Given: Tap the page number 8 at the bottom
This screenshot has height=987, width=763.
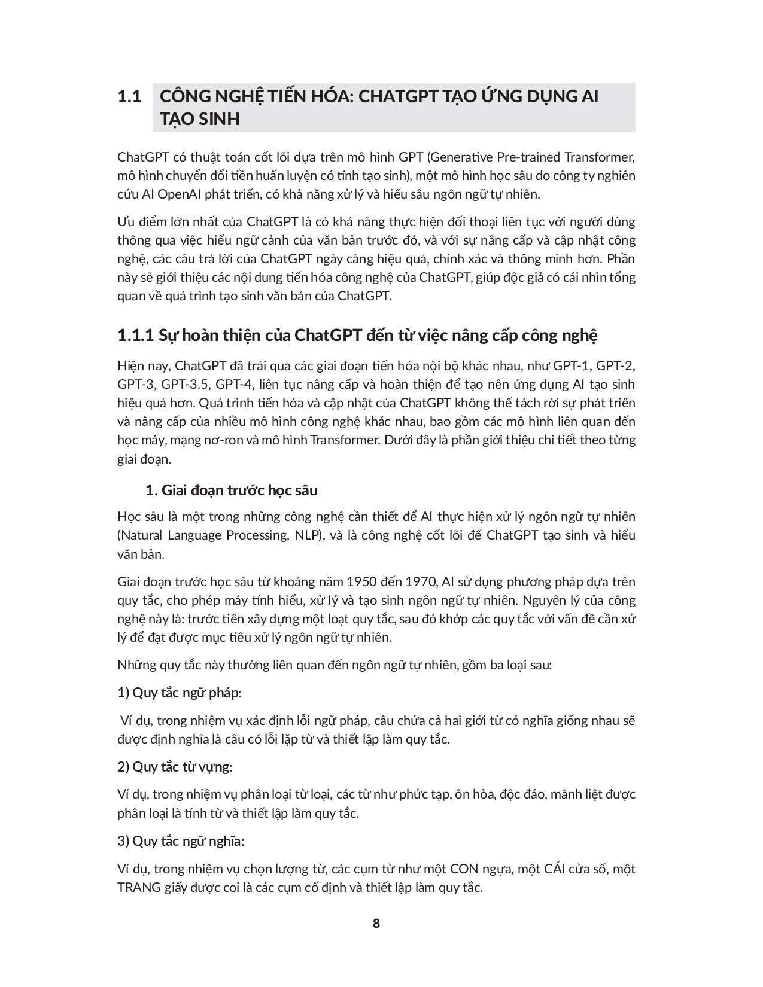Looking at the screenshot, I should (x=376, y=923).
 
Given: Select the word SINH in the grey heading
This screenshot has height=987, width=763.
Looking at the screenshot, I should (x=217, y=119).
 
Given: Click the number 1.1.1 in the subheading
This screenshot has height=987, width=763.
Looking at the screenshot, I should (x=136, y=335).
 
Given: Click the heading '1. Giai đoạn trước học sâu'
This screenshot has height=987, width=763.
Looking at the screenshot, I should (x=232, y=491).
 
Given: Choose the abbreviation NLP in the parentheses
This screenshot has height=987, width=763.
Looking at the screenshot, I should (x=308, y=535).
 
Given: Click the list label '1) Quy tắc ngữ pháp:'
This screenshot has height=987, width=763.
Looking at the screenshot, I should (x=180, y=693).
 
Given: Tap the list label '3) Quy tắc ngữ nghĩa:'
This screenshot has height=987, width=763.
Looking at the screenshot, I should (x=181, y=841).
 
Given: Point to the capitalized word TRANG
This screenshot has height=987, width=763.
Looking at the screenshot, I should (x=136, y=887).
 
